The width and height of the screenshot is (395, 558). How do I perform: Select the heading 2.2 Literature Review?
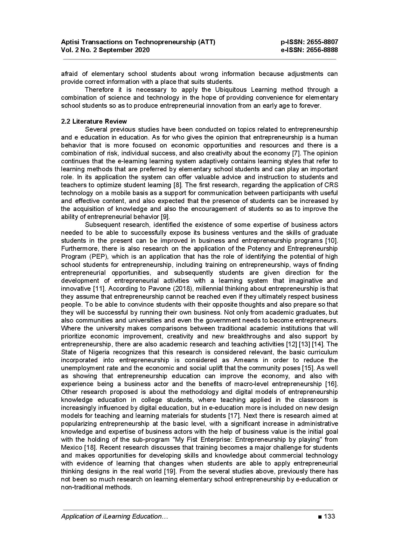(x=94, y=121)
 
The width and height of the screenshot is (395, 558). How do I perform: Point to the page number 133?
(x=329, y=516)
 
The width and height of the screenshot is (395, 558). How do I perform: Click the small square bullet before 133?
(x=319, y=517)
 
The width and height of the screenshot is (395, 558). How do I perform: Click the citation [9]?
(x=165, y=217)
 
